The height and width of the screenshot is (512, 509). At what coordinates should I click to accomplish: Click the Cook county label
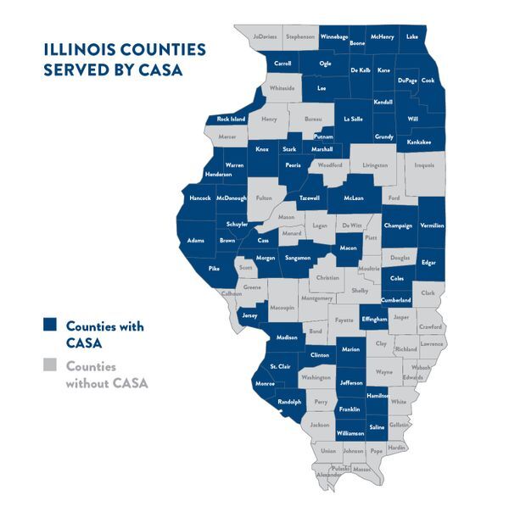point(428,81)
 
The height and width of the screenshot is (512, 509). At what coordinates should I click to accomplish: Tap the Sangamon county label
point(297,257)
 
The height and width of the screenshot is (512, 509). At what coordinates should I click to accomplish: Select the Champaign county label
point(397,225)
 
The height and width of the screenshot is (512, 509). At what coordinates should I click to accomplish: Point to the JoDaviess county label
point(265,36)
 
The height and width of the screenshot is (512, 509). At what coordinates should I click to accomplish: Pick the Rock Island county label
point(231,119)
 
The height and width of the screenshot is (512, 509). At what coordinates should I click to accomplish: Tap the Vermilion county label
point(432,225)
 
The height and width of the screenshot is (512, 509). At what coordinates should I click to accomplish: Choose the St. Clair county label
point(281,365)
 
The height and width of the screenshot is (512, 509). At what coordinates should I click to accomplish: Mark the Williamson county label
point(350,432)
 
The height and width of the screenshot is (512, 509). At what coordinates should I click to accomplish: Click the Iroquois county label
point(424,166)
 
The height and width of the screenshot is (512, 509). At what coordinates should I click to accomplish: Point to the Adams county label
point(196,240)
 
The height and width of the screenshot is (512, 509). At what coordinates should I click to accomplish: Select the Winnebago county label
point(337,36)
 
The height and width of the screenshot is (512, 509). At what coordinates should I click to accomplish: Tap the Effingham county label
point(374,319)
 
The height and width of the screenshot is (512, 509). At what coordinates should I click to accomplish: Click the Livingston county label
point(375,166)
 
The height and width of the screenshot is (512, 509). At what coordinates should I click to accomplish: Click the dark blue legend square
point(51,326)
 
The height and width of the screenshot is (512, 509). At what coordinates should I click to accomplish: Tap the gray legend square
point(51,366)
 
